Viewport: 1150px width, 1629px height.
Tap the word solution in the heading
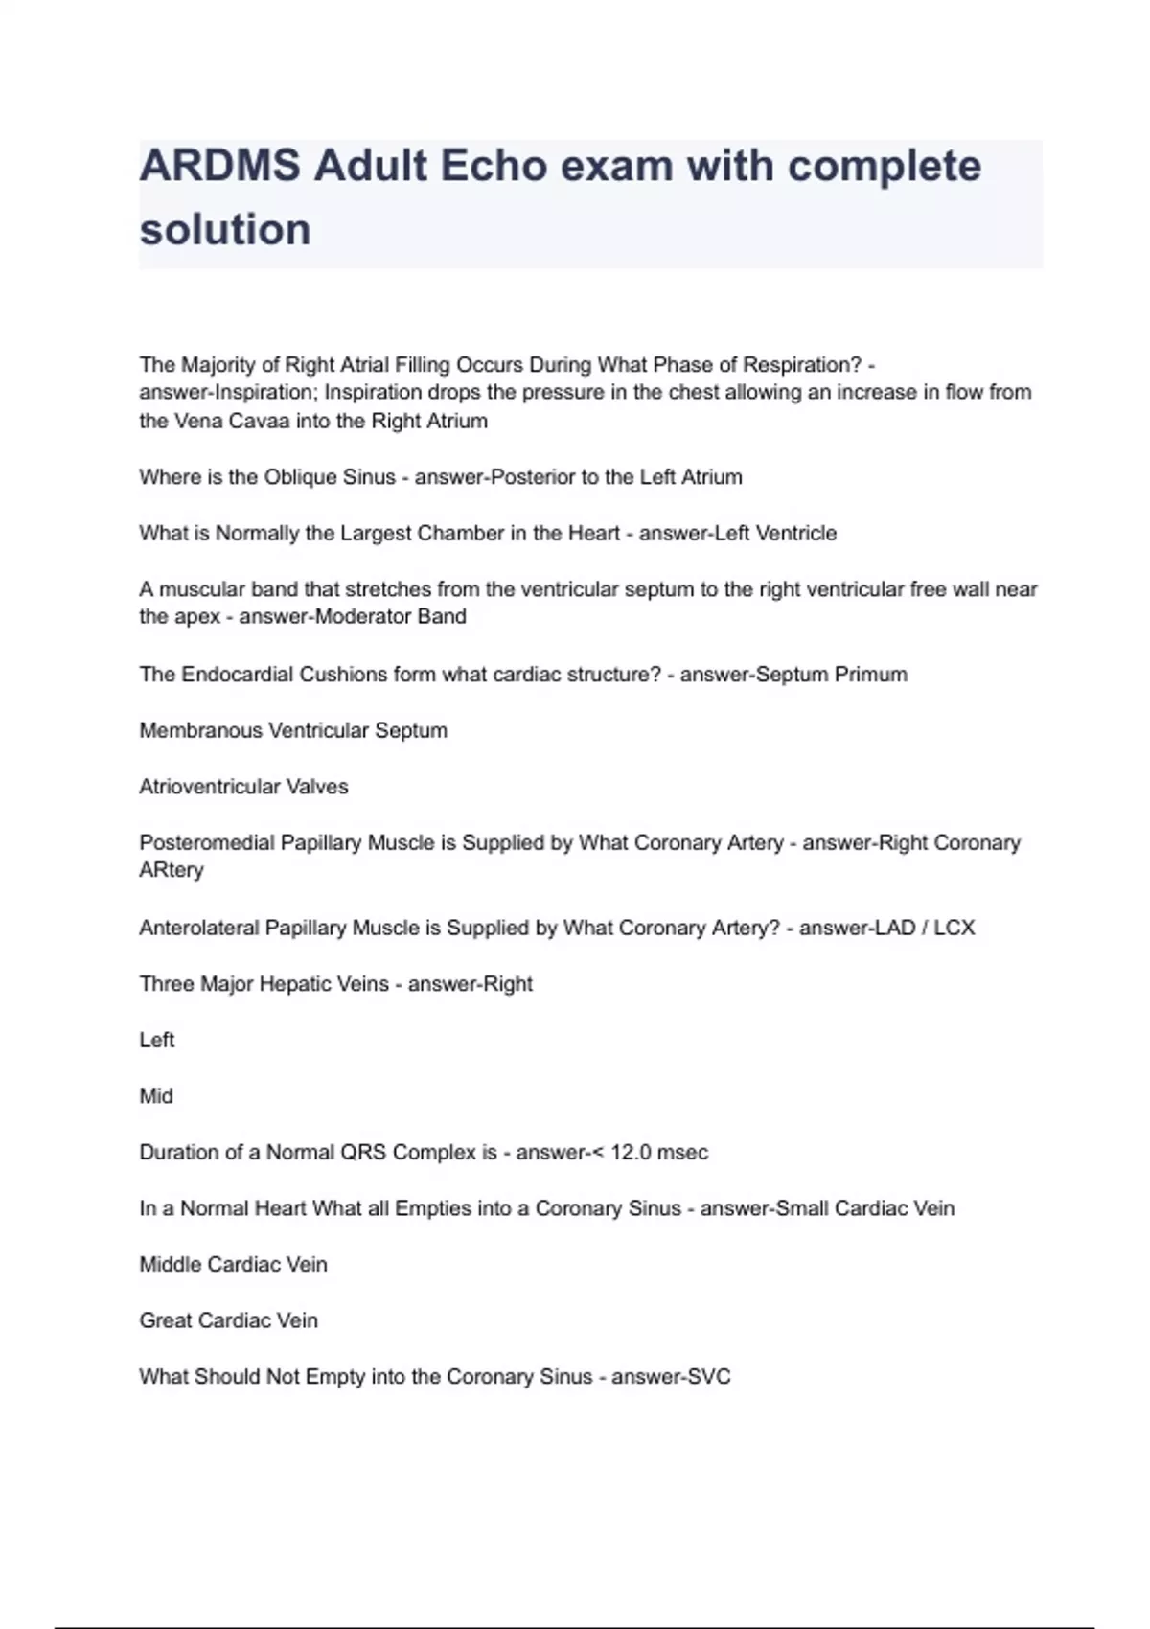225,230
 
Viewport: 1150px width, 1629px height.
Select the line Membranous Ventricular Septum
293,730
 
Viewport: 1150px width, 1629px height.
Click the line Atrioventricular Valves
243,787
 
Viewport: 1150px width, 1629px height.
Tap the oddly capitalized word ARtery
172,870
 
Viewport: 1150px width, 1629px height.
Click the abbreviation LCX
954,928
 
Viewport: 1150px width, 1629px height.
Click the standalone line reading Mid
156,1096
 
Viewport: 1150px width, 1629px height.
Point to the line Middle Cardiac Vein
233,1265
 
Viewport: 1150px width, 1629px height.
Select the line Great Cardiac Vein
228,1320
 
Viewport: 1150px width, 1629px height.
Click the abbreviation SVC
708,1377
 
